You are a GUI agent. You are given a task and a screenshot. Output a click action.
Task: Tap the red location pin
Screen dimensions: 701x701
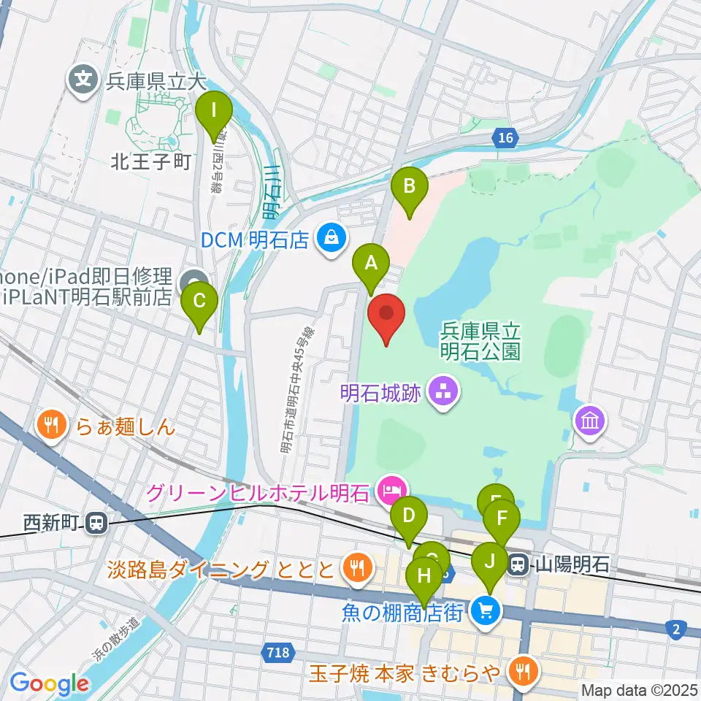(386, 315)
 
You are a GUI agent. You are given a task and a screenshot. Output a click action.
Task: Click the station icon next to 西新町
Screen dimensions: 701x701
(96, 523)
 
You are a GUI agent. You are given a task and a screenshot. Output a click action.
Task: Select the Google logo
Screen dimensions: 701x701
(50, 684)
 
